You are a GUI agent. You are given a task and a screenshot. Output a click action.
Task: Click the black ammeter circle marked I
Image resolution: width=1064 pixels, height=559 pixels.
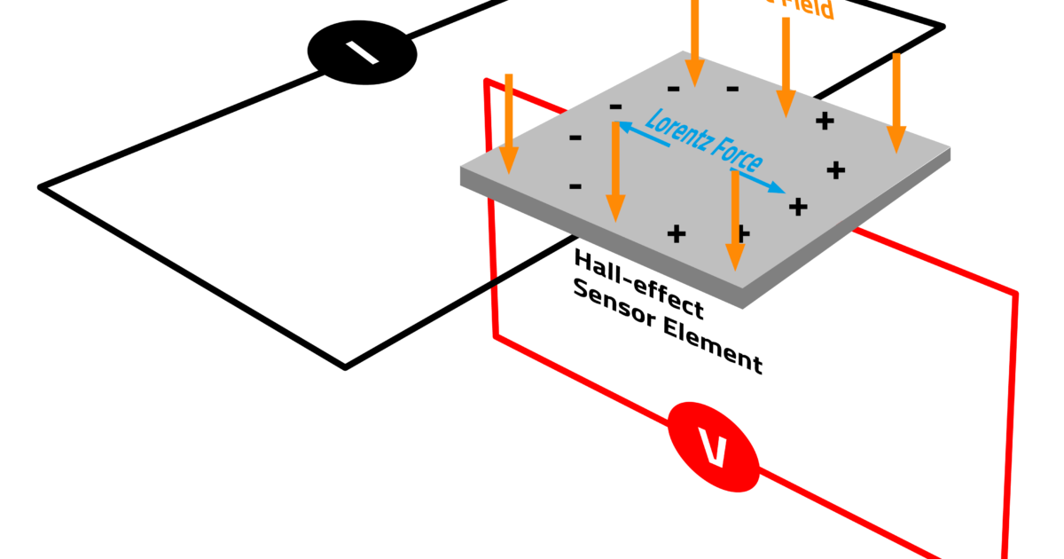point(362,52)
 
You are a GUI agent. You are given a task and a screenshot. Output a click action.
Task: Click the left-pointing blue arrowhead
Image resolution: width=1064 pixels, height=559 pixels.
point(623,127)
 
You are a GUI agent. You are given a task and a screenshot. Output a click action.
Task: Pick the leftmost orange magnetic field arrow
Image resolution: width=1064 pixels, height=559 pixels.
point(508,124)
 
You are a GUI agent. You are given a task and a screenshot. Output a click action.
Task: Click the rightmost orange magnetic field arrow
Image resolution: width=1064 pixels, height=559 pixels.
point(896,102)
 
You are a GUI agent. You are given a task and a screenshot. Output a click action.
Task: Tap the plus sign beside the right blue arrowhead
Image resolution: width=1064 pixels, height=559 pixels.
point(798,207)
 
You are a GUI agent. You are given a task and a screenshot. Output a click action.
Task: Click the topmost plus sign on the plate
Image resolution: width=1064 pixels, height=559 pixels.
point(825,121)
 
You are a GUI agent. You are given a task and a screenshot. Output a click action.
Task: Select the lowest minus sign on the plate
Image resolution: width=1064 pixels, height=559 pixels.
point(575,185)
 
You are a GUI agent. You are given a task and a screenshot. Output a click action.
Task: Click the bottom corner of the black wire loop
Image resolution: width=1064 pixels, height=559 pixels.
point(345,366)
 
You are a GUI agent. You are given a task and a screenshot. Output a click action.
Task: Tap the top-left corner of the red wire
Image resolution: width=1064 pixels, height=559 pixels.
point(486,82)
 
